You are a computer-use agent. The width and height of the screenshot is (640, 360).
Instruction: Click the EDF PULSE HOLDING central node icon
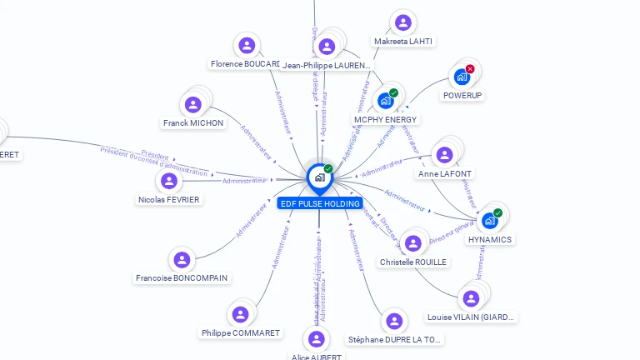(318, 177)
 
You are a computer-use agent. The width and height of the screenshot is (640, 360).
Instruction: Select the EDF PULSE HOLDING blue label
(320, 203)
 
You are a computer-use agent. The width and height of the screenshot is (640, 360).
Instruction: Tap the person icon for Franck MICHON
(193, 104)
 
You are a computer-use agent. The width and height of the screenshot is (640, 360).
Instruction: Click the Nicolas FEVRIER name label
(169, 199)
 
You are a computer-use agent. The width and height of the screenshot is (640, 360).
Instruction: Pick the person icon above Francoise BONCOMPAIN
(182, 259)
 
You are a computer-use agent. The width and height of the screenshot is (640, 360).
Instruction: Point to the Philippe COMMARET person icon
(240, 314)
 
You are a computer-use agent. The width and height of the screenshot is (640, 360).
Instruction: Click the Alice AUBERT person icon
(316, 339)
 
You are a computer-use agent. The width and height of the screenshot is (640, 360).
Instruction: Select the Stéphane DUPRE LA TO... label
(395, 339)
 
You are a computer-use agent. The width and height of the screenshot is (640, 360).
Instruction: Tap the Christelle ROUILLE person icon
(412, 243)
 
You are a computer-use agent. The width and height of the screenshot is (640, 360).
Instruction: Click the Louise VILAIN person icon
(471, 298)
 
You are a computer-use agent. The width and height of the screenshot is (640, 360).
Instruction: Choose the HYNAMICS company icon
(490, 221)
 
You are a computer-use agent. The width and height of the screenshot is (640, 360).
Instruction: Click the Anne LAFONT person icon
(444, 155)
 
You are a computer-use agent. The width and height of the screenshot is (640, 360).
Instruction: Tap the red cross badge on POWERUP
(470, 69)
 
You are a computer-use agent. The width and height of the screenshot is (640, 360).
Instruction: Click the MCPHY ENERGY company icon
(385, 101)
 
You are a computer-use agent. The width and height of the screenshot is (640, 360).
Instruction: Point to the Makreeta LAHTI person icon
(403, 22)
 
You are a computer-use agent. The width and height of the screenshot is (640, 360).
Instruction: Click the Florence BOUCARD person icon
(246, 45)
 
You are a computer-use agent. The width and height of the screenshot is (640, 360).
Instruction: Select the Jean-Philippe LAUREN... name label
(327, 64)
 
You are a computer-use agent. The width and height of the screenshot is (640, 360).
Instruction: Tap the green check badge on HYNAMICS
(497, 213)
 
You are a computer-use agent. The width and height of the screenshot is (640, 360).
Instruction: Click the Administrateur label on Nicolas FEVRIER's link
(244, 180)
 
